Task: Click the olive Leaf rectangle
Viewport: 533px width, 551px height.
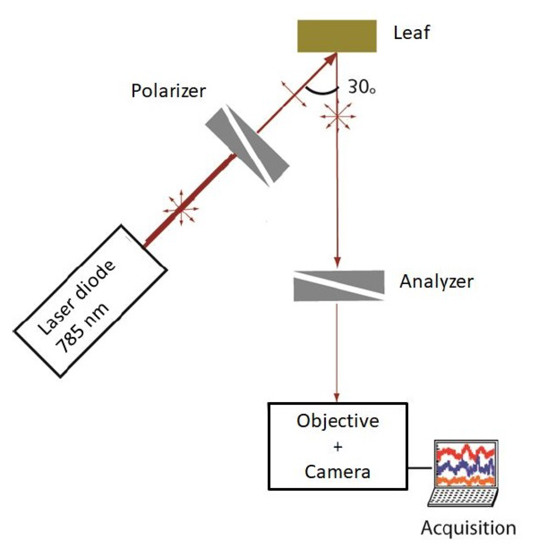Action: [337, 36]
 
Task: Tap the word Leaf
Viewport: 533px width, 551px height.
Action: [411, 33]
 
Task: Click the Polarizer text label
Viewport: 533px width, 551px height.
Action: [168, 91]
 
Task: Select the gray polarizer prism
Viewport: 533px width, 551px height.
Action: [247, 146]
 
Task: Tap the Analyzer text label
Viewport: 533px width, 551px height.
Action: [436, 282]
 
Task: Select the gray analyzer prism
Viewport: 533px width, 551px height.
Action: [338, 285]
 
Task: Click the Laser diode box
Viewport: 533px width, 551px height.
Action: [90, 300]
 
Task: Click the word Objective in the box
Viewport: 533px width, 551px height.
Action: [338, 421]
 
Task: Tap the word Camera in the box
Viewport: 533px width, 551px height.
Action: [337, 472]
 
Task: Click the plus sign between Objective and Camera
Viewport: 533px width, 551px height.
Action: [338, 447]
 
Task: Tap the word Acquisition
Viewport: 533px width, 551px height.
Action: [468, 528]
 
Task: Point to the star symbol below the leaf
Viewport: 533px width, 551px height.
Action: [337, 116]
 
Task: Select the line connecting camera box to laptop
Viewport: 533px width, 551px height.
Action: [420, 468]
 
